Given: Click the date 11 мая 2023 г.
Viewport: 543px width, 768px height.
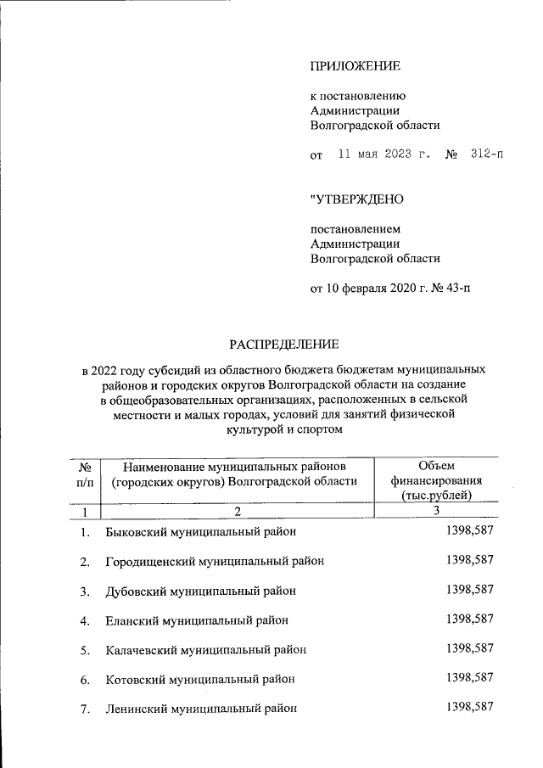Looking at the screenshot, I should (x=384, y=155).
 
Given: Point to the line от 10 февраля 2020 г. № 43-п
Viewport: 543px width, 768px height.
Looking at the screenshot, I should (x=389, y=288).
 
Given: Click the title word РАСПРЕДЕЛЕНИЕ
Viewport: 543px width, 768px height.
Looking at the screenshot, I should (x=284, y=344).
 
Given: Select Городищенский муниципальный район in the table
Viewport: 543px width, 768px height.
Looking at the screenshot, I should (x=215, y=562).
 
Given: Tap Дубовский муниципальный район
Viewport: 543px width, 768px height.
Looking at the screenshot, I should (x=201, y=591).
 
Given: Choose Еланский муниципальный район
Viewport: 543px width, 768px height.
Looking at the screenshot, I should (x=197, y=620).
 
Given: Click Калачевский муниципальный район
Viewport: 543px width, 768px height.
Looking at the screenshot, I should (x=205, y=650).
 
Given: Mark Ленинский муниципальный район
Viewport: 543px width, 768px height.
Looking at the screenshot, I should (x=201, y=709).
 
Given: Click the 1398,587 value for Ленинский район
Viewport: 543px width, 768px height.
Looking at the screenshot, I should (x=469, y=707).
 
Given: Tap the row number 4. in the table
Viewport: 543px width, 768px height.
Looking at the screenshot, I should (x=85, y=620).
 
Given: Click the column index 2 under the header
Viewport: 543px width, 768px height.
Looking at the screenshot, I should (x=238, y=511).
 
